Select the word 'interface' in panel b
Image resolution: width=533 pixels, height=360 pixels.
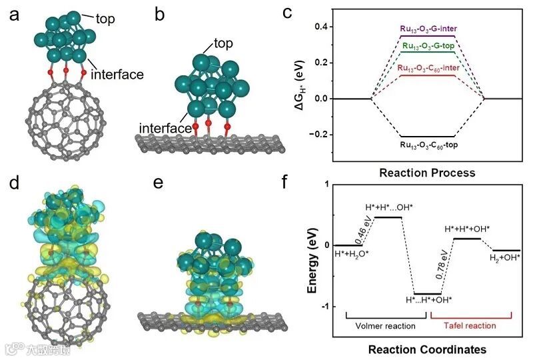click(162, 127)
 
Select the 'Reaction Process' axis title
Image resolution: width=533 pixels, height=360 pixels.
click(427, 173)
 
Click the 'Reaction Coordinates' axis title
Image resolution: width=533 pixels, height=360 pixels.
click(428, 349)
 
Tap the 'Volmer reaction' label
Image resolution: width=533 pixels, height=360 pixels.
click(380, 326)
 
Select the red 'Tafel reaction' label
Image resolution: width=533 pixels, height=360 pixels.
click(474, 326)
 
